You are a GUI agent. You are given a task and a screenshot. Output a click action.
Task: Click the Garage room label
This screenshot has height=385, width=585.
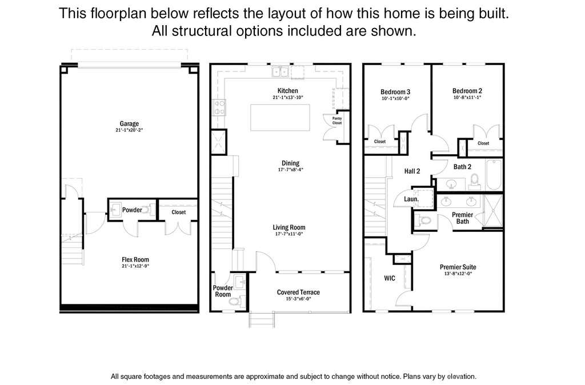click(129, 123)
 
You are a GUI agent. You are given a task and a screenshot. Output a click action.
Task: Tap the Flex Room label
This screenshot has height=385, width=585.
click(135, 260)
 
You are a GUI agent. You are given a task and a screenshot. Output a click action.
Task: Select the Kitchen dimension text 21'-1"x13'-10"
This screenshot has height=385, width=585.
click(288, 97)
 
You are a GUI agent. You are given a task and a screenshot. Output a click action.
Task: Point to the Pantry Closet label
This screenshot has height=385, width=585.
click(337, 121)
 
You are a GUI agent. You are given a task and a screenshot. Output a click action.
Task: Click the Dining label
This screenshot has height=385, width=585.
click(290, 163)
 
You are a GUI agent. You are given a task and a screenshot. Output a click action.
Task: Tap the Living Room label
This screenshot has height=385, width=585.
click(289, 227)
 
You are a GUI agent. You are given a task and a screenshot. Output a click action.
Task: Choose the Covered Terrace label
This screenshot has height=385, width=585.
click(298, 292)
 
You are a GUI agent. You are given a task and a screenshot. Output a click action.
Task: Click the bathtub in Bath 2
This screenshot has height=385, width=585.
click(494, 175)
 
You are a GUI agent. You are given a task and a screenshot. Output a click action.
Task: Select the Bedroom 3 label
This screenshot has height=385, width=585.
click(395, 92)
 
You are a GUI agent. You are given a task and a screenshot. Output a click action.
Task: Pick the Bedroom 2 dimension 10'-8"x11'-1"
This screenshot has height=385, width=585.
click(467, 97)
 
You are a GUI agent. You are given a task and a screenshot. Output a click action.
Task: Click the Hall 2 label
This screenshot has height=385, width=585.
click(412, 171)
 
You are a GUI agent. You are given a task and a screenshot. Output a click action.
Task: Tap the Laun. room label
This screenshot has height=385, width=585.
click(411, 199)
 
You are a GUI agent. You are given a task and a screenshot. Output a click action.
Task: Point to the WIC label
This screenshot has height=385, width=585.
click(390, 278)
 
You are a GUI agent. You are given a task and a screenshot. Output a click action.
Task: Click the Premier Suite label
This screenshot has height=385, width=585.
click(458, 267)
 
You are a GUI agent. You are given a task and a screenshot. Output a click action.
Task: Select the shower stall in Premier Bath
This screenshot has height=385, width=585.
click(493, 211)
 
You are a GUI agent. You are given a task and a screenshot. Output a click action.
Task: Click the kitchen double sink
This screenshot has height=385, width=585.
click(280, 71)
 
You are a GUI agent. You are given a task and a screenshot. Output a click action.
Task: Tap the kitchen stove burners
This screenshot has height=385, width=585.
click(219, 107)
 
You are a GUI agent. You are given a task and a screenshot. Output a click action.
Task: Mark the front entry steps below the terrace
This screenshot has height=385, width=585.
click(262, 320)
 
